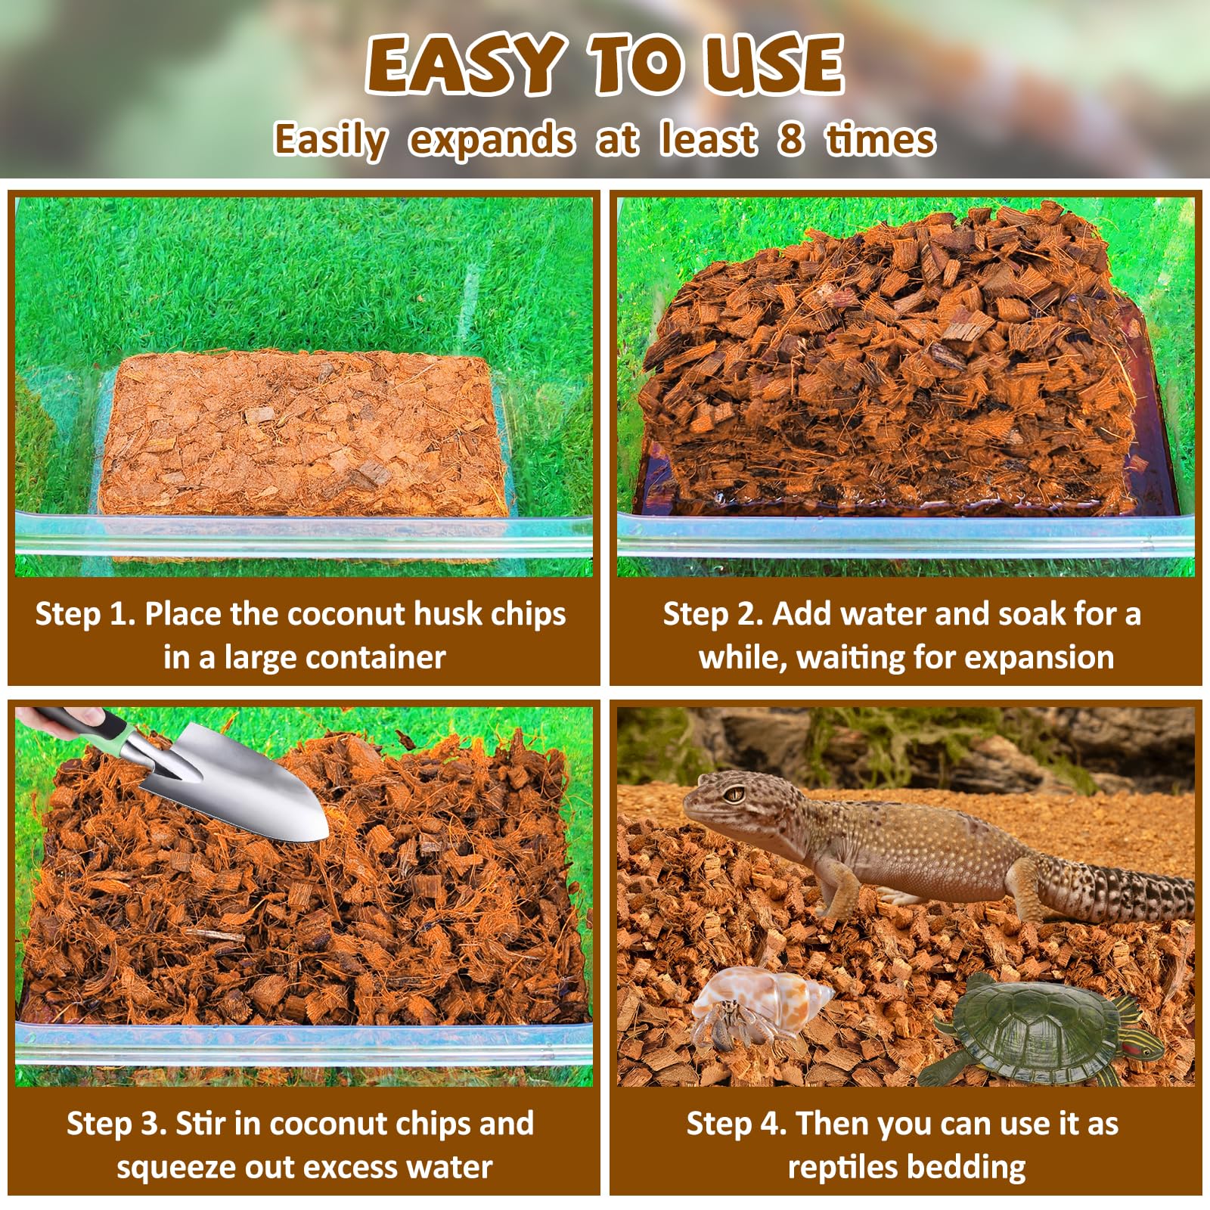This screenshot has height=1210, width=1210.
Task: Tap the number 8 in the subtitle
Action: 790,140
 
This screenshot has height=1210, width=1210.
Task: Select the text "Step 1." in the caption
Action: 85,614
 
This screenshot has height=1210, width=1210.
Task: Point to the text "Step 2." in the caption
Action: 713,614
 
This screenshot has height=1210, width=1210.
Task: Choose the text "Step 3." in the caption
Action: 116,1124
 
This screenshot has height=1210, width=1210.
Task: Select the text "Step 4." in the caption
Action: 737,1124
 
